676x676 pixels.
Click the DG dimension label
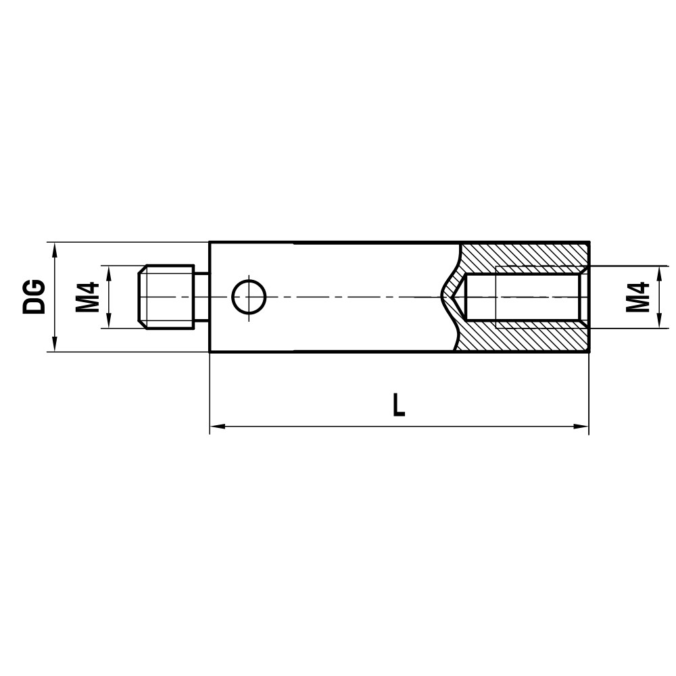point(34,297)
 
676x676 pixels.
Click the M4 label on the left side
point(87,297)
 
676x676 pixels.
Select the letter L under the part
point(400,405)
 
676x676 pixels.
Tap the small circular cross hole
point(249,297)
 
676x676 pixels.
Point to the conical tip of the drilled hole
point(446,296)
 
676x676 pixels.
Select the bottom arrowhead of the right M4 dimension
point(659,322)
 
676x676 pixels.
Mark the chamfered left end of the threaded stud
point(141,297)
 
